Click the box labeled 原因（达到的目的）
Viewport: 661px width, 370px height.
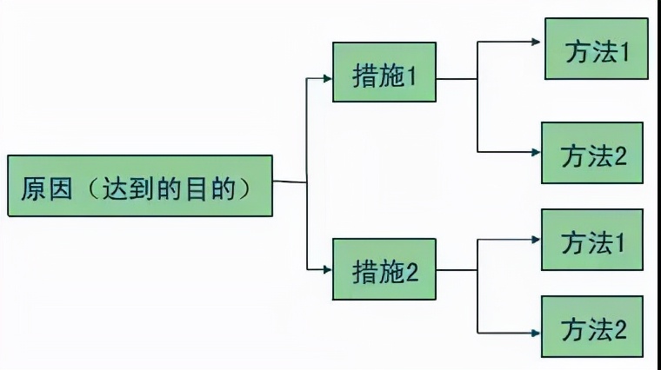click(x=140, y=186)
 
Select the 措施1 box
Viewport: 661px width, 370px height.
click(x=384, y=76)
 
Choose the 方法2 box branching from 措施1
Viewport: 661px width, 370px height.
click(x=592, y=153)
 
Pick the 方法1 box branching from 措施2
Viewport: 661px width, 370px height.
click(x=592, y=240)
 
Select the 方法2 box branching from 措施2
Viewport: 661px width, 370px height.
click(x=592, y=327)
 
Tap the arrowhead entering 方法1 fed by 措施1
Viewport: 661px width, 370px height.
click(x=538, y=41)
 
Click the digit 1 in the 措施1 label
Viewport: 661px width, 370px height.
click(x=412, y=76)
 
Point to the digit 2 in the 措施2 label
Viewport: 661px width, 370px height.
click(x=412, y=271)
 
